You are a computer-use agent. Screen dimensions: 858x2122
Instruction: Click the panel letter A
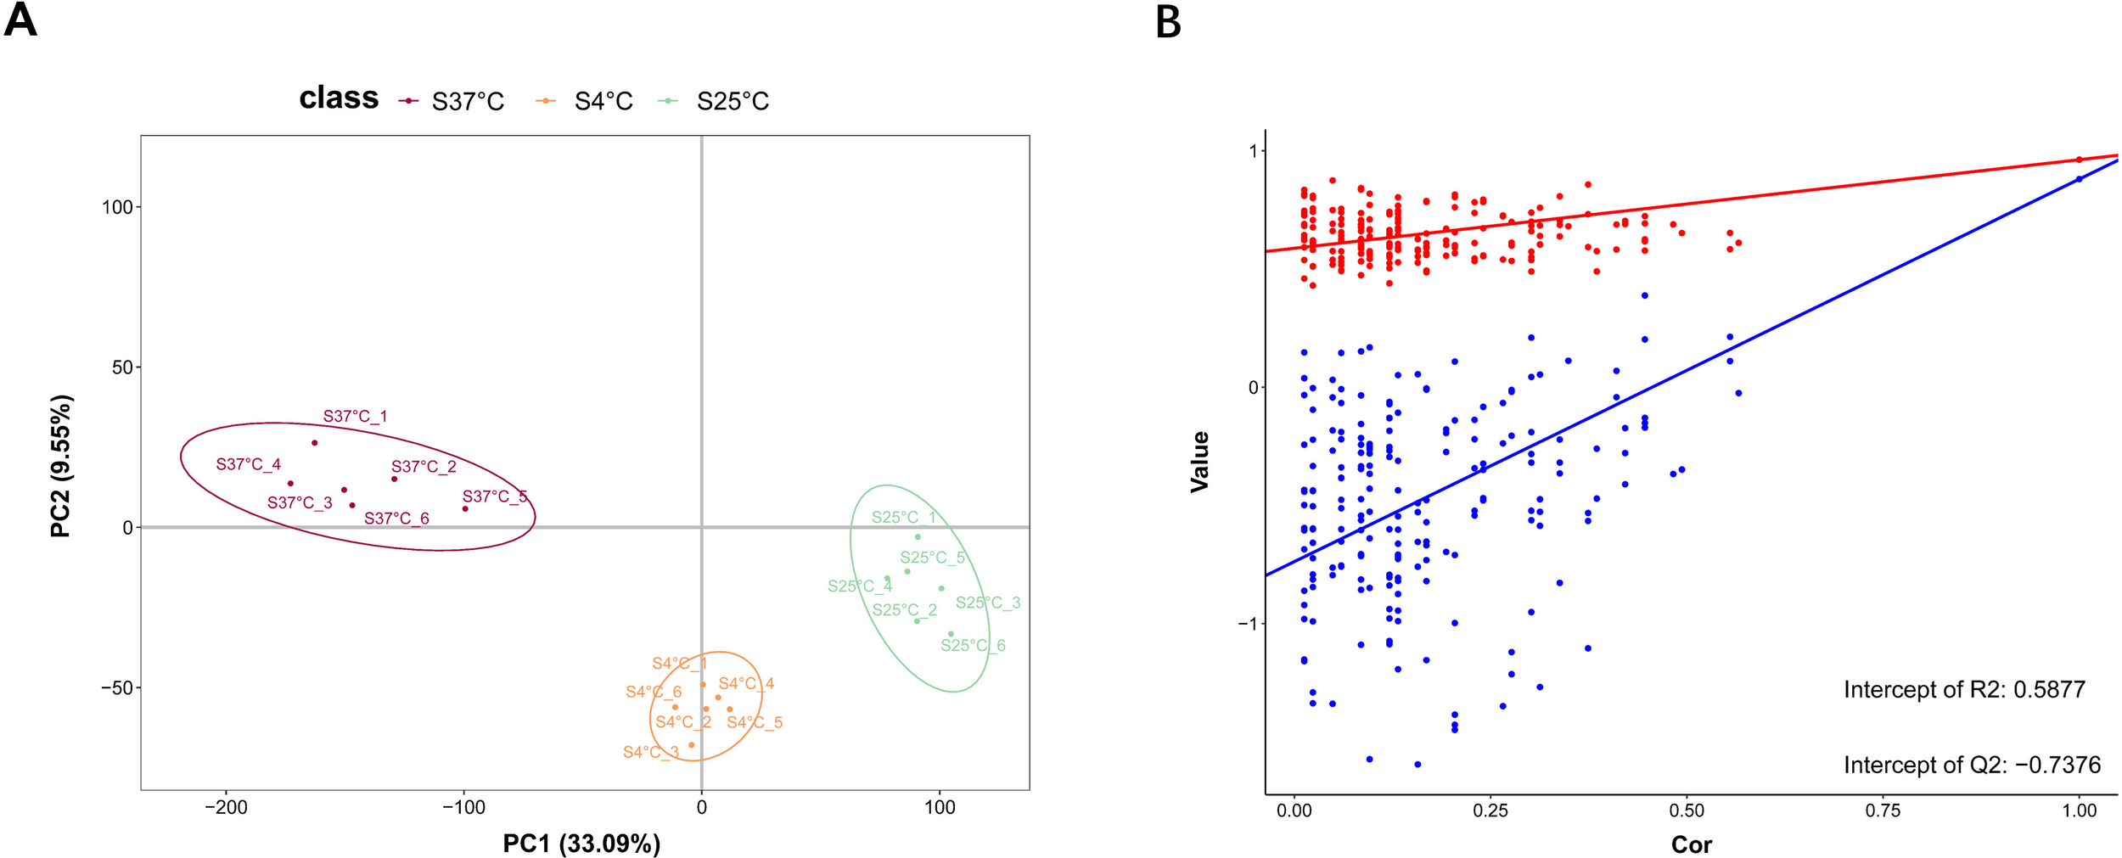pyautogui.click(x=20, y=20)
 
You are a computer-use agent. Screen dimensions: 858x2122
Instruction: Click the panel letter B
pyautogui.click(x=1168, y=22)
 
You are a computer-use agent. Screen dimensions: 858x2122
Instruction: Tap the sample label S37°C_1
pyautogui.click(x=355, y=417)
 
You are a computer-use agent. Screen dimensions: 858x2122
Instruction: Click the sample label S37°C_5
pyautogui.click(x=494, y=496)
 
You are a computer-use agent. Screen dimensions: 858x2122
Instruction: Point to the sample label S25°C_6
pyautogui.click(x=973, y=646)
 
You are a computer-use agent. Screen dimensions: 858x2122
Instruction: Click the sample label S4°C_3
pyautogui.click(x=651, y=753)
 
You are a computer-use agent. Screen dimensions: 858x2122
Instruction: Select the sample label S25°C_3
pyautogui.click(x=988, y=603)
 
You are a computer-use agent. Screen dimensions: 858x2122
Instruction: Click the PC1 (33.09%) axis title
pyautogui.click(x=581, y=844)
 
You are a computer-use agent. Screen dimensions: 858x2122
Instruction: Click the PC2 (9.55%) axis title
pyautogui.click(x=61, y=466)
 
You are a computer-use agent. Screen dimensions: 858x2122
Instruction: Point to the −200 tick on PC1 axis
pyautogui.click(x=226, y=808)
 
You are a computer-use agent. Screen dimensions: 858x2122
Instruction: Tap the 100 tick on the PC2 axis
pyautogui.click(x=117, y=208)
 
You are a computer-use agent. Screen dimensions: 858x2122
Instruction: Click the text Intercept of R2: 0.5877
pyautogui.click(x=1964, y=690)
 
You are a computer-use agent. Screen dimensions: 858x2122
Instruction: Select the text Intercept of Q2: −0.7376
pyautogui.click(x=1972, y=765)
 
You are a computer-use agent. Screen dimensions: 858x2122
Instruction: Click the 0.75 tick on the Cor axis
pyautogui.click(x=1883, y=811)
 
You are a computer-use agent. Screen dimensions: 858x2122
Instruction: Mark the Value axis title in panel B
pyautogui.click(x=1199, y=462)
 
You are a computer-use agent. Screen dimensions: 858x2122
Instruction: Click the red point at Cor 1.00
pyautogui.click(x=2079, y=160)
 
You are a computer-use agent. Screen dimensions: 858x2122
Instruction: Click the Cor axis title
pyautogui.click(x=1691, y=845)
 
